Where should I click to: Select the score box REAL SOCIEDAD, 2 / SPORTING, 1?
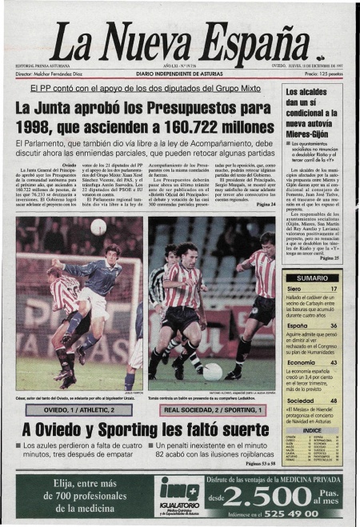(x=212, y=410)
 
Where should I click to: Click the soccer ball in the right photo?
(x=213, y=371)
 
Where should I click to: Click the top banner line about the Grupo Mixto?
(x=139, y=88)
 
